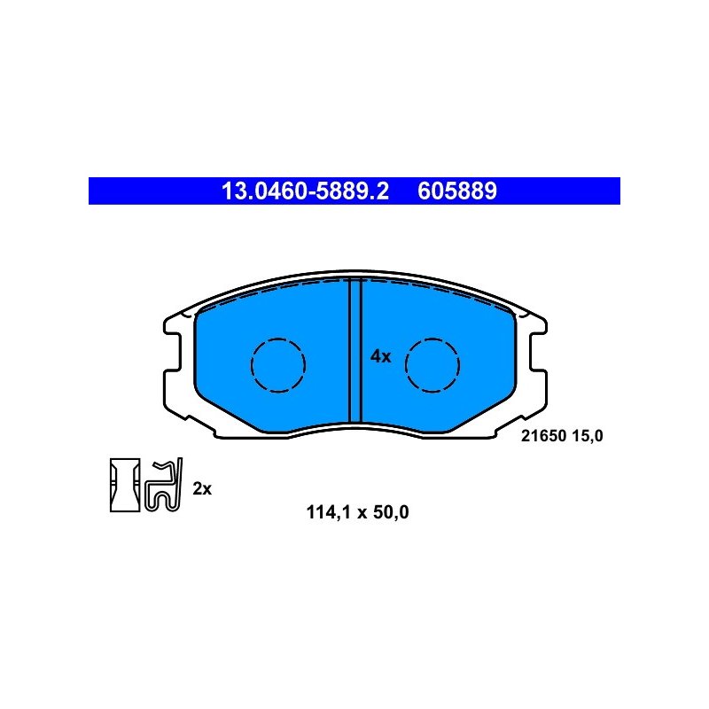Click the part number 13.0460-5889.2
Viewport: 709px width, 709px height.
[x=305, y=191]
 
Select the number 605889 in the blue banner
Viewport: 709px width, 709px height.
[x=456, y=191]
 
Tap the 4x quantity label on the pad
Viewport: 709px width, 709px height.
[x=380, y=356]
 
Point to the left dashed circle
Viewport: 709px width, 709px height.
[x=252, y=365]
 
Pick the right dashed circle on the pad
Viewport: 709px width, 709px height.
[x=406, y=365]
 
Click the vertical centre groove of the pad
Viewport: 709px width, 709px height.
[x=355, y=350]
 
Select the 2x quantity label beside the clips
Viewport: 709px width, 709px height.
[x=202, y=488]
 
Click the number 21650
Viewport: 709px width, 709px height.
[x=543, y=436]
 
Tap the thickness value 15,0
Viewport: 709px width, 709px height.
[x=588, y=436]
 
